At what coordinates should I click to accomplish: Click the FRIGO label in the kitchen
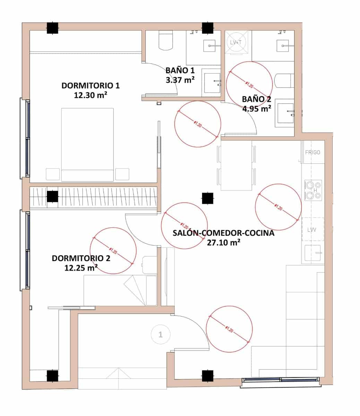pos(312,152)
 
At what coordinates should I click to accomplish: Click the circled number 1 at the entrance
pos(160,335)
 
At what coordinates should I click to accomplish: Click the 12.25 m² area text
pos(80,268)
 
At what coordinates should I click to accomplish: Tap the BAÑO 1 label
pos(180,70)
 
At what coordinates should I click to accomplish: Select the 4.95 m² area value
pos(257,109)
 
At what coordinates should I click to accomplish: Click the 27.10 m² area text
pos(224,243)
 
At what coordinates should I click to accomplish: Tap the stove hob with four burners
pos(313,190)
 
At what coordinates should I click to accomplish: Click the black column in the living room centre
pos(207,198)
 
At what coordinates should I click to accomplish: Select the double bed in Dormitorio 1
pos(87,144)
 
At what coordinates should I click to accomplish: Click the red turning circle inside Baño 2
pos(249,84)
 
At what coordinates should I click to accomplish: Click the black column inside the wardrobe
pos(52,197)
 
